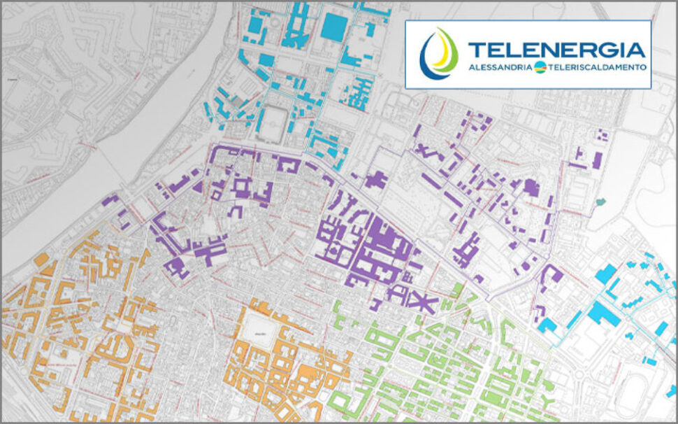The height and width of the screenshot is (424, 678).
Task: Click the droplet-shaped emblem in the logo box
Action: tap(439, 53)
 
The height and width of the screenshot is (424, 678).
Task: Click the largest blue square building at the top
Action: tap(333, 27)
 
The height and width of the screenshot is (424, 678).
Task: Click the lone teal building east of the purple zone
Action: tap(600, 203)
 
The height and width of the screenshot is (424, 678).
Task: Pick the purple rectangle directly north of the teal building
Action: tap(597, 160)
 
